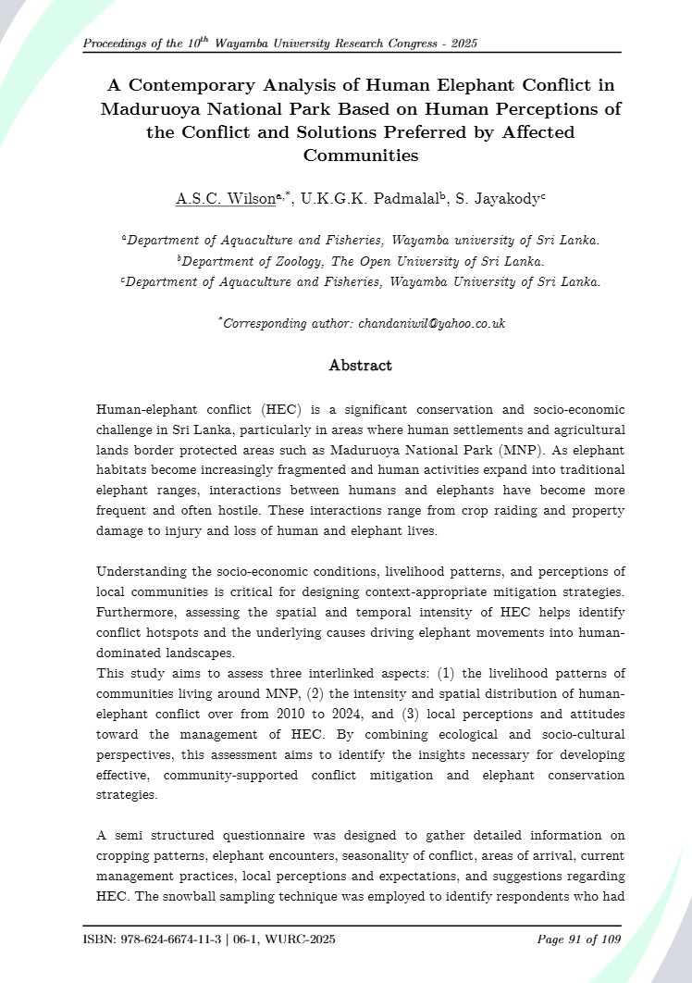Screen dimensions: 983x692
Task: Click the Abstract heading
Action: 361,366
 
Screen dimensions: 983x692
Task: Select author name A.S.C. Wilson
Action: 226,198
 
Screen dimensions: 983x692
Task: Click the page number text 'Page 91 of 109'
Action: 579,940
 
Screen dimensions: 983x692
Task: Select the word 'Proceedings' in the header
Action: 118,44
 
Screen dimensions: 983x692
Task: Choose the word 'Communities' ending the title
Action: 361,156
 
